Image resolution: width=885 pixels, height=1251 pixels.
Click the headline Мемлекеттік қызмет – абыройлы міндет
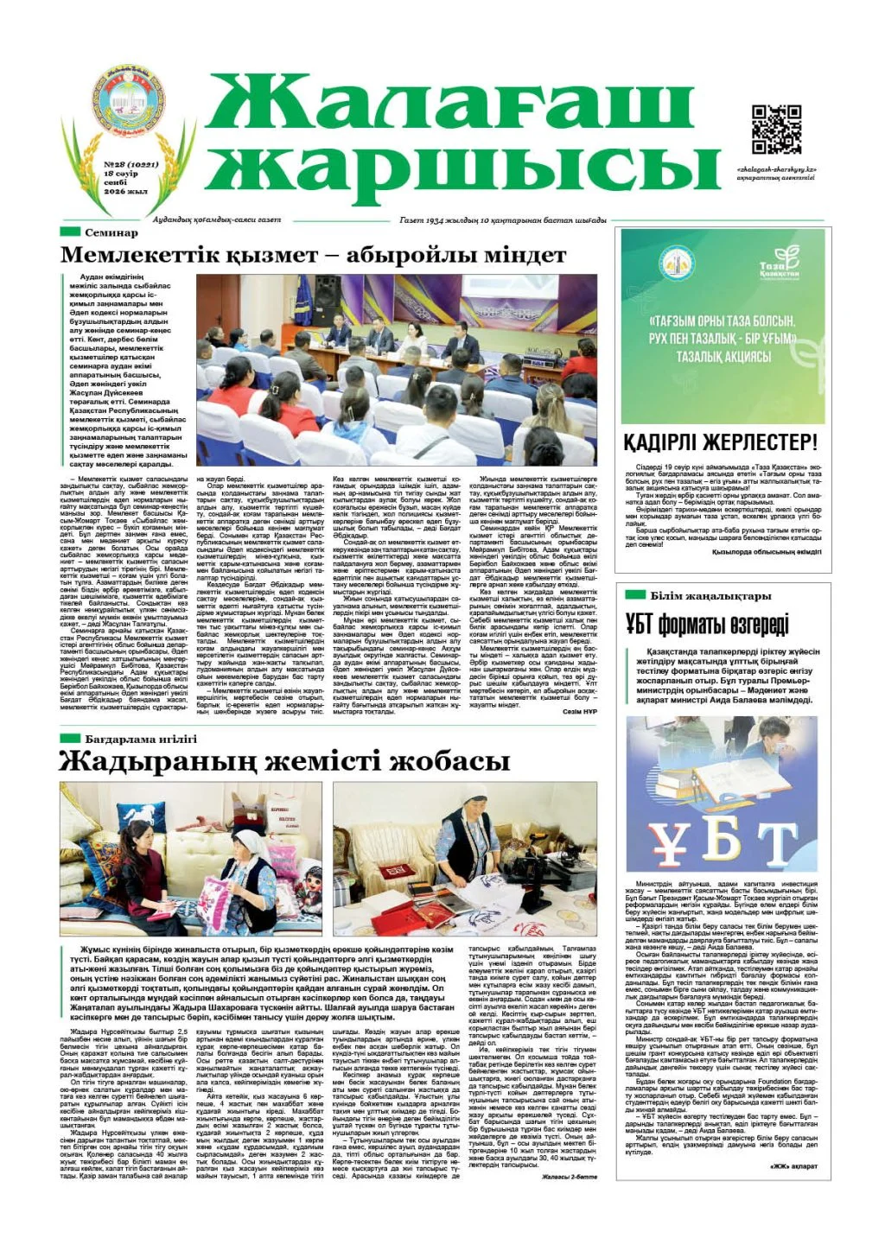pyautogui.click(x=313, y=256)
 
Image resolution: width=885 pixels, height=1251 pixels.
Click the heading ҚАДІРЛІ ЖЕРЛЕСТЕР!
pyautogui.click(x=720, y=443)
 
